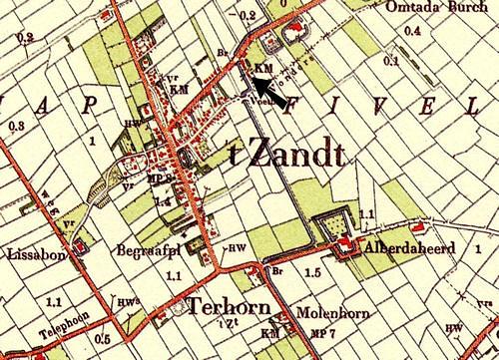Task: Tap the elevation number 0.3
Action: click(16, 127)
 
